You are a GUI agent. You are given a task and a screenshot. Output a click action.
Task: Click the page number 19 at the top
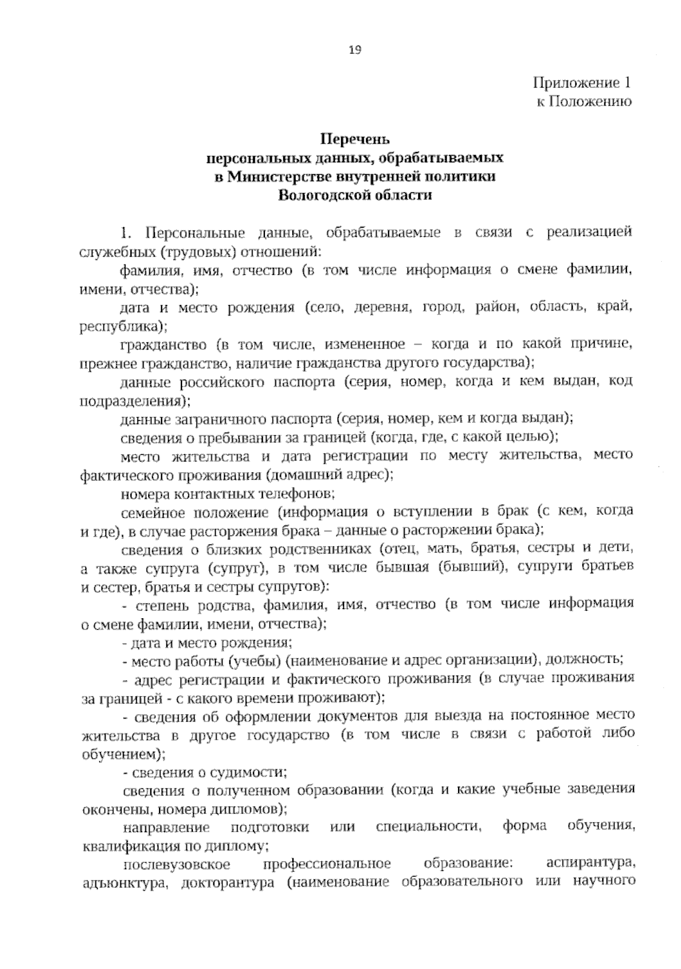pos(354,49)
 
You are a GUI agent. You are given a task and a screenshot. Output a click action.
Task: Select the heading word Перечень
pos(355,139)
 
